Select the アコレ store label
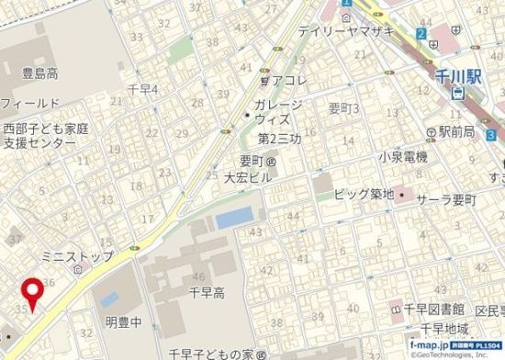coord(290,79)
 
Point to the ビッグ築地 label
coord(364,194)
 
